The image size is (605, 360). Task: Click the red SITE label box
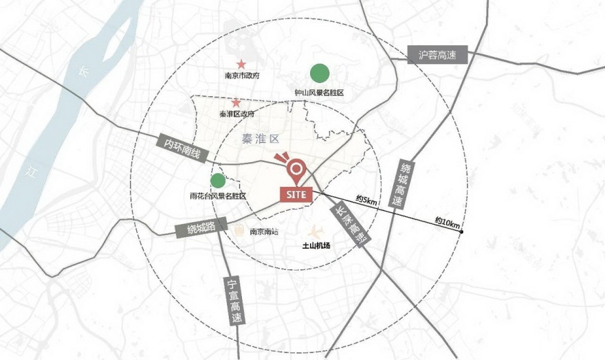[297, 194]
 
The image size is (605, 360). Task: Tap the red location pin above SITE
[296, 168]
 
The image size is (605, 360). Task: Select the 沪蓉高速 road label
[437, 55]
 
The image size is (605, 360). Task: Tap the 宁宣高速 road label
[234, 301]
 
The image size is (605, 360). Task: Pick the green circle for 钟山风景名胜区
[319, 72]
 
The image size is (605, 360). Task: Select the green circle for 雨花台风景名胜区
[218, 181]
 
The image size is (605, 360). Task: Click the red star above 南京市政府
[241, 65]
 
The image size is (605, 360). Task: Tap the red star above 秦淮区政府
[236, 102]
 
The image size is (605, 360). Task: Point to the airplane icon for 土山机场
[318, 232]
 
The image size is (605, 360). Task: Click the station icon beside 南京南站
[240, 232]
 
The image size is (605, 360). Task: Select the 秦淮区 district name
[258, 138]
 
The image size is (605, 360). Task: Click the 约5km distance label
[366, 201]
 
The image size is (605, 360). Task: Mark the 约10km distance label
[447, 221]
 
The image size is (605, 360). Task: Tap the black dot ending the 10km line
[461, 232]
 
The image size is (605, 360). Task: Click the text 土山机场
[317, 245]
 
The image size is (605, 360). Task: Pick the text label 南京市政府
[241, 76]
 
